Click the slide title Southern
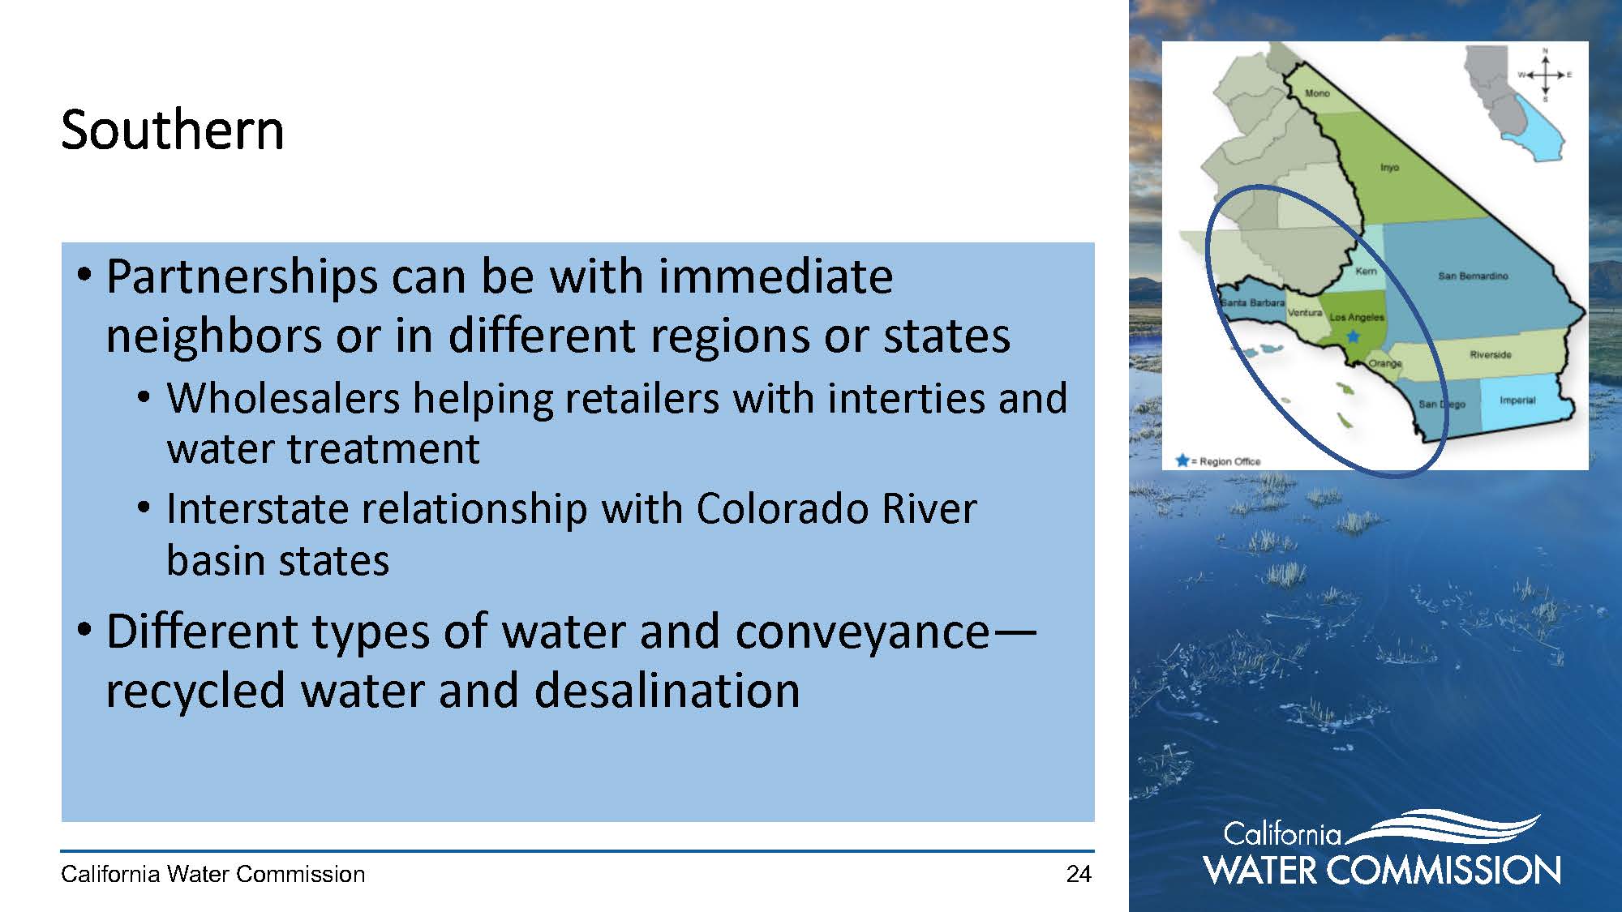point(173,130)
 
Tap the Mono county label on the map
point(1317,93)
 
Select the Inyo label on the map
point(1389,167)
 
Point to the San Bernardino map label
point(1473,276)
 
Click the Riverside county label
point(1491,354)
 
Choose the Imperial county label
point(1517,400)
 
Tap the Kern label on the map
point(1366,271)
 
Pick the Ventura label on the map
point(1305,312)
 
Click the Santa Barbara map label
point(1253,302)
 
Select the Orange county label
point(1385,363)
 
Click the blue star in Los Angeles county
point(1353,336)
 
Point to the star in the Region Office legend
point(1182,460)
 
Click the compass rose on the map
point(1545,75)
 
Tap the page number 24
point(1079,874)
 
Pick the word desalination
point(667,690)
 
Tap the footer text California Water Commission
point(213,874)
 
